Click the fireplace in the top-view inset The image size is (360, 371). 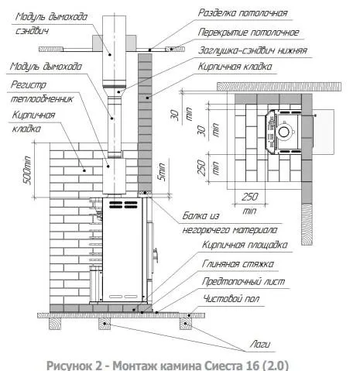coord(285,131)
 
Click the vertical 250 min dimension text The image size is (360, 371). coord(218,167)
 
